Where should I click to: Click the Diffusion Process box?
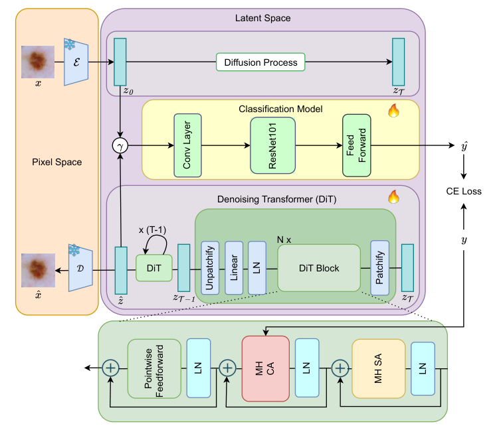(260, 62)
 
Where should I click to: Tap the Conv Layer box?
(187, 145)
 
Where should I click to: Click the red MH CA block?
(265, 368)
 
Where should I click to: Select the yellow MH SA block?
(378, 368)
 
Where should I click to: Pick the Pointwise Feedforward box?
(153, 368)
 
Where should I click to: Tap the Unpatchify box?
(211, 267)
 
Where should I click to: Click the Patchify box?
(379, 267)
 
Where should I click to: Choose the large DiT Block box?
(318, 268)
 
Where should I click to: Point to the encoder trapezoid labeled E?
(77, 63)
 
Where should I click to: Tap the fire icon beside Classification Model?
(393, 110)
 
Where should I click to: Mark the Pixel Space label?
(57, 162)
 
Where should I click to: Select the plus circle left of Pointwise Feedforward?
(109, 368)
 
